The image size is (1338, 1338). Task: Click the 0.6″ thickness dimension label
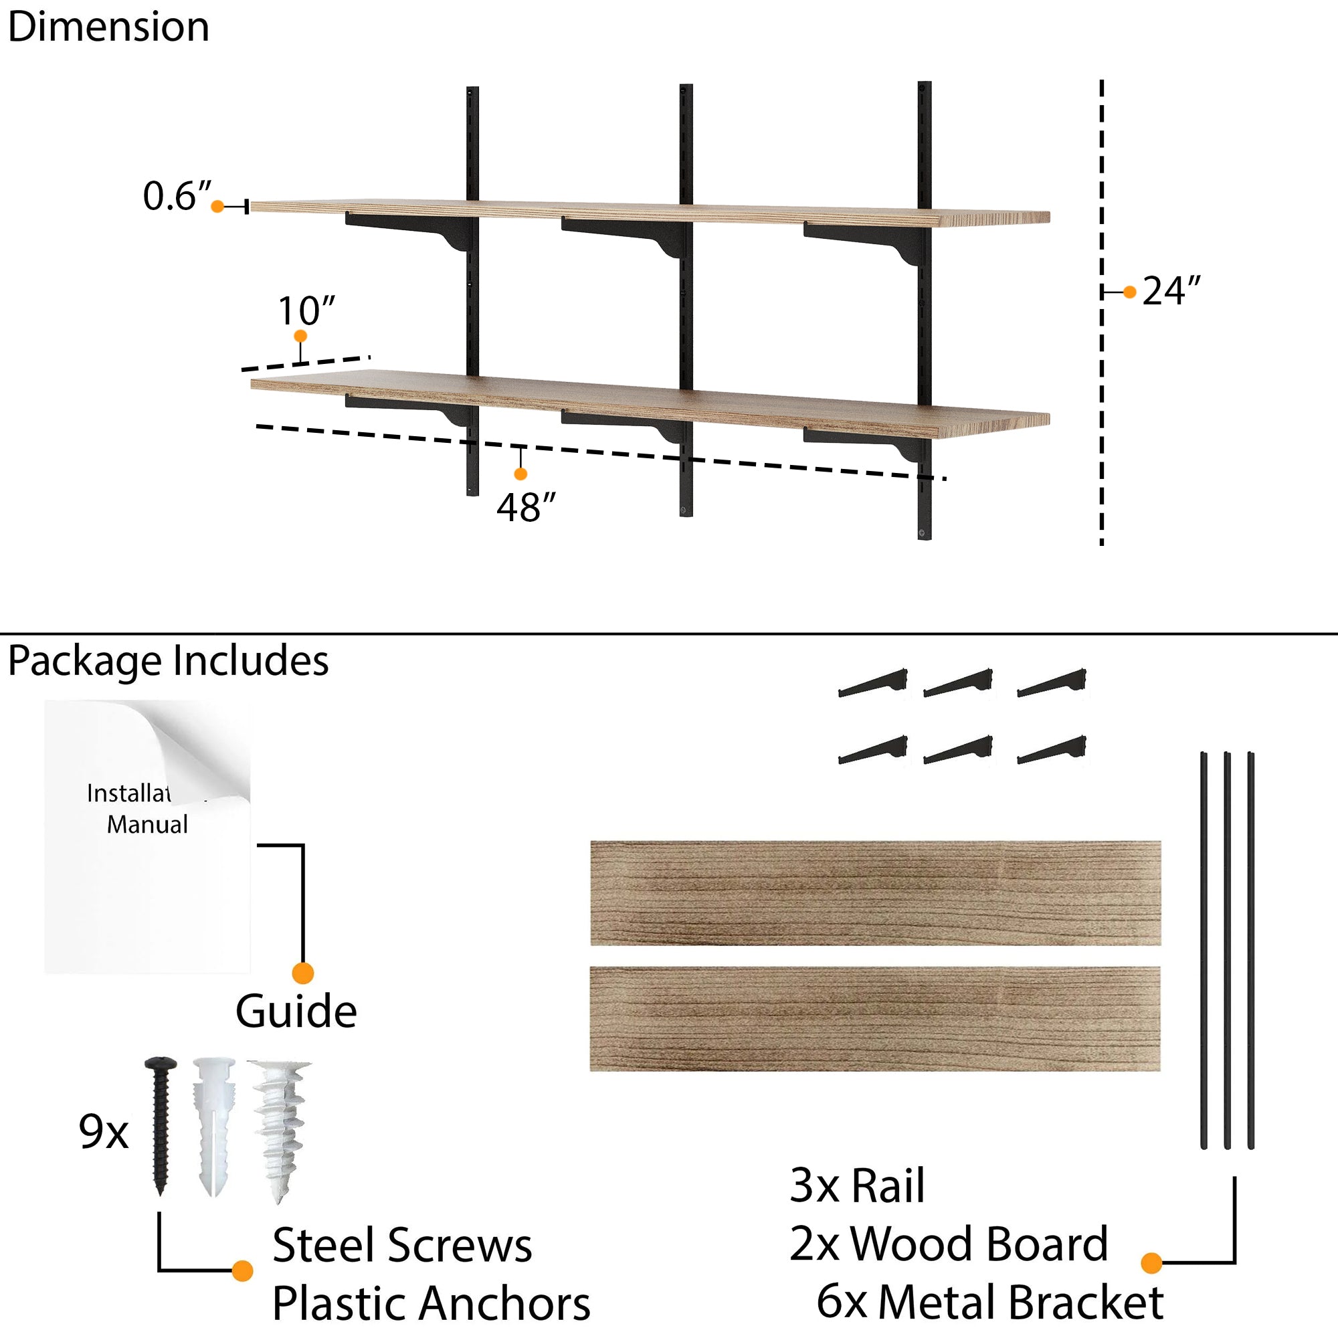[x=177, y=196]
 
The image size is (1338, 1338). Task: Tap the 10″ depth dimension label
[x=306, y=311]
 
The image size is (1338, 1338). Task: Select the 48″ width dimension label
[x=527, y=508]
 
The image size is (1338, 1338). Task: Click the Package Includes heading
[x=169, y=661]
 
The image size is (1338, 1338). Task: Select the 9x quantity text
[x=104, y=1133]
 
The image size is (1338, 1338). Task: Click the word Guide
[x=296, y=1012]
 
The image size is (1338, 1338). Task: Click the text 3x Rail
[x=857, y=1185]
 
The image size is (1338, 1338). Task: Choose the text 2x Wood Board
[x=948, y=1244]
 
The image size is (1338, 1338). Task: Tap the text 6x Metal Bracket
[x=989, y=1302]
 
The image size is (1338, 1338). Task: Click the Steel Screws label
[x=401, y=1245]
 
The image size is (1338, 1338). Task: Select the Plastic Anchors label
[x=431, y=1303]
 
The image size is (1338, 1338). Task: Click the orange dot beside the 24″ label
[x=1129, y=292]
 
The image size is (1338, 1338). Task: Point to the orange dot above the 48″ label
[x=520, y=474]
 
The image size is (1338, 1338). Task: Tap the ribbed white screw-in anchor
[x=280, y=1129]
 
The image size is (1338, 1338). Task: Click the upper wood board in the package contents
[x=875, y=892]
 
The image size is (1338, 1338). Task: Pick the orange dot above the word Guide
[x=302, y=973]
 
